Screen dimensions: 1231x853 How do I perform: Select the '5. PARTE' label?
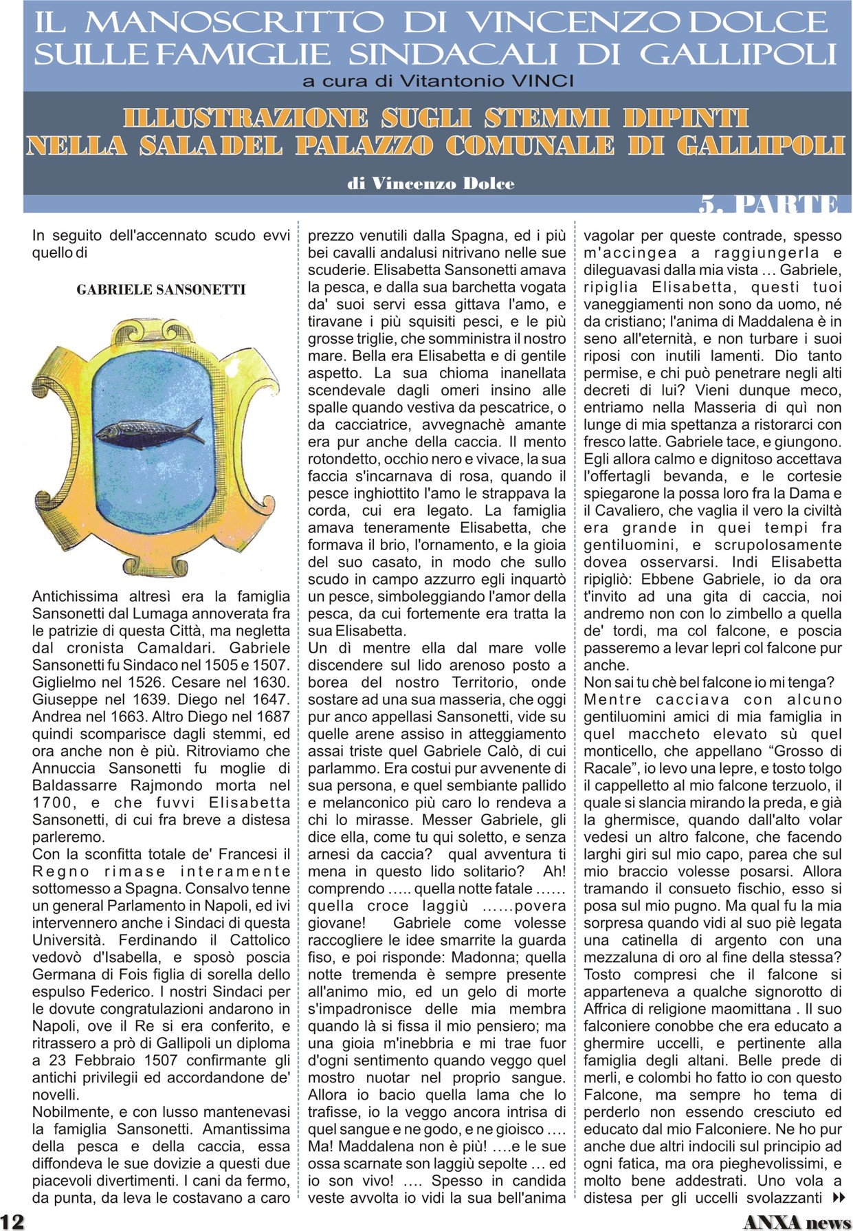point(768,205)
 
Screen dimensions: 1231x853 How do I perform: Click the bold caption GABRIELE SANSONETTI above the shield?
point(161,290)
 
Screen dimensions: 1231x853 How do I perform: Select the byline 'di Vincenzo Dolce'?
point(431,184)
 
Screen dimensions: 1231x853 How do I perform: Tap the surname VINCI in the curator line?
point(543,81)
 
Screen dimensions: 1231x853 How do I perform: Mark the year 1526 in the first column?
point(143,682)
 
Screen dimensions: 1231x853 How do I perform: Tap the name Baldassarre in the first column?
point(76,785)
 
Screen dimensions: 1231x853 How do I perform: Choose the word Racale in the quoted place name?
point(609,768)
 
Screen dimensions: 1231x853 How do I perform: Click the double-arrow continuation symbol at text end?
point(839,1198)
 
